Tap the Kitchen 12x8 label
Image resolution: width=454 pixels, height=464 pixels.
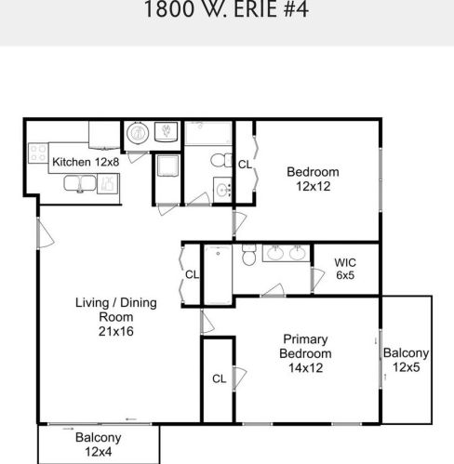pos(86,162)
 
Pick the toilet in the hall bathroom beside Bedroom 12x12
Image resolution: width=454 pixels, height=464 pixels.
pos(218,161)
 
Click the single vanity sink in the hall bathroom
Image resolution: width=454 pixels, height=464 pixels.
pos(223,190)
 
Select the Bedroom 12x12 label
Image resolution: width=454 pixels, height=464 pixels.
pos(313,179)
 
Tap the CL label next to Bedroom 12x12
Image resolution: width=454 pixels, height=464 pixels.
pos(246,165)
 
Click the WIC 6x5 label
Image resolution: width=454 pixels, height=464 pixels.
pos(345,269)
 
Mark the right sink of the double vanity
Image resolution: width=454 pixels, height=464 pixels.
pos(296,253)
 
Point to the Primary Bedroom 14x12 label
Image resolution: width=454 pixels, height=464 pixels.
pos(306,352)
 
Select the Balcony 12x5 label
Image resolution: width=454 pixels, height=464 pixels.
pos(407,359)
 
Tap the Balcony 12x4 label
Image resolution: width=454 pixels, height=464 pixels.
pos(99,444)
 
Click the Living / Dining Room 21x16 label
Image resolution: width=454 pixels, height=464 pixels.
pos(115,316)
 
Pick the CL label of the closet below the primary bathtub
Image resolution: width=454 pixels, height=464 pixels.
pos(220,378)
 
